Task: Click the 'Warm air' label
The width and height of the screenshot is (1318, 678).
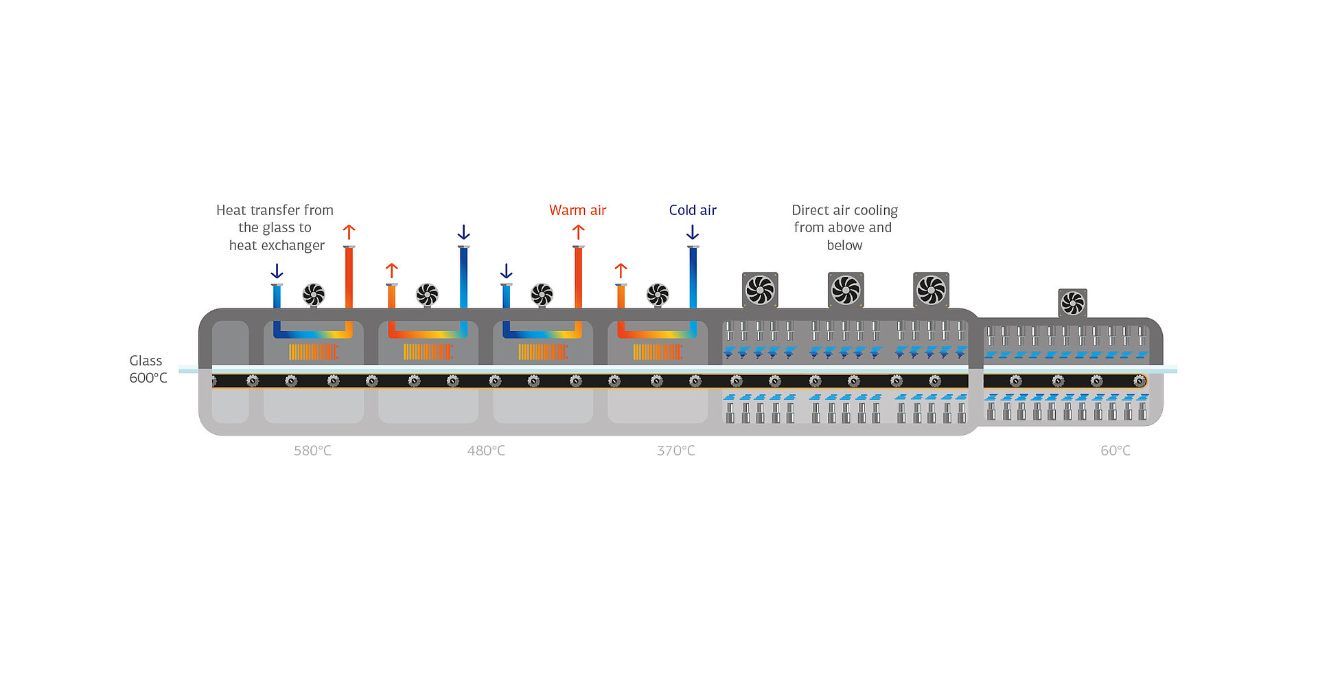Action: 577,210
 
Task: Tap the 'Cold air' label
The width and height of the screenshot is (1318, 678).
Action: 693,210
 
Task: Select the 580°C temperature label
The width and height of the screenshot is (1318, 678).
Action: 312,451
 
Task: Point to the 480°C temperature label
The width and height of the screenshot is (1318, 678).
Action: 486,451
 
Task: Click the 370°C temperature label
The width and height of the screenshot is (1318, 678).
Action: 676,451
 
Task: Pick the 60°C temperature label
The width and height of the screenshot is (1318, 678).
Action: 1115,451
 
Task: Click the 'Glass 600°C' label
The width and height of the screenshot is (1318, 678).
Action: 148,369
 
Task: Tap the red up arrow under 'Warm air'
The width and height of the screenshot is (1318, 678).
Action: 579,232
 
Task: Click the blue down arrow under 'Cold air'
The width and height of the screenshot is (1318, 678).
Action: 693,232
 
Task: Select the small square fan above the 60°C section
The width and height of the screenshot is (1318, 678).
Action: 1072,303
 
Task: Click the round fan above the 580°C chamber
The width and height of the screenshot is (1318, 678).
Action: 314,295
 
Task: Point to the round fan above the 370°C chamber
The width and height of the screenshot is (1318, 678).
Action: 658,295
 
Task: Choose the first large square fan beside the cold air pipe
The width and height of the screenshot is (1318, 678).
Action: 760,290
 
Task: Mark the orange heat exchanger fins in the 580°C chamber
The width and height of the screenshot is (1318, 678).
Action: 313,352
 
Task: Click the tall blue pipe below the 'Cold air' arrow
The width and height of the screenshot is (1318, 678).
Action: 693,278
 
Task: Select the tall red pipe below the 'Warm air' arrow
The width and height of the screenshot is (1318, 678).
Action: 579,278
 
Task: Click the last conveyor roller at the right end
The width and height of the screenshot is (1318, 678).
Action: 1140,381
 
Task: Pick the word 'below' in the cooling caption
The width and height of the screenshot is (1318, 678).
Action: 844,245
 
